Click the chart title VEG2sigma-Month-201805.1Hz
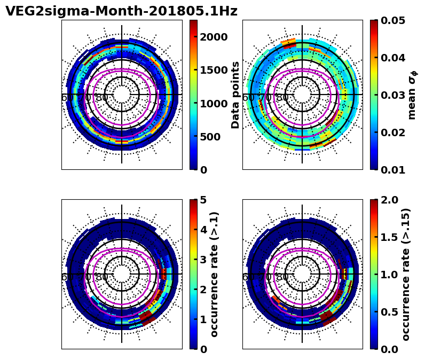[121, 11]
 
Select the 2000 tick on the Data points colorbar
[214, 37]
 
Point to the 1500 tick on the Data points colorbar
[214, 70]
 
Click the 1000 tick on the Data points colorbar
[214, 104]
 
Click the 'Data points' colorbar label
[235, 95]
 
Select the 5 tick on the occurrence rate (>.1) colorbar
[203, 200]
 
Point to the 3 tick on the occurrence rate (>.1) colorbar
[203, 260]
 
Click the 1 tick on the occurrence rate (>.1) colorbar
[203, 319]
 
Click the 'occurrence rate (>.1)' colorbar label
[215, 274]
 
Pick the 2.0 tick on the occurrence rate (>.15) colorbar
[390, 200]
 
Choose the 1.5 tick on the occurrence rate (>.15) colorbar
[390, 237]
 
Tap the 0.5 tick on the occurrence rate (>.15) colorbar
[390, 312]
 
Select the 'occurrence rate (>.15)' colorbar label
[406, 274]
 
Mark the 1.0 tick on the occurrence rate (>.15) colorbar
[390, 275]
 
